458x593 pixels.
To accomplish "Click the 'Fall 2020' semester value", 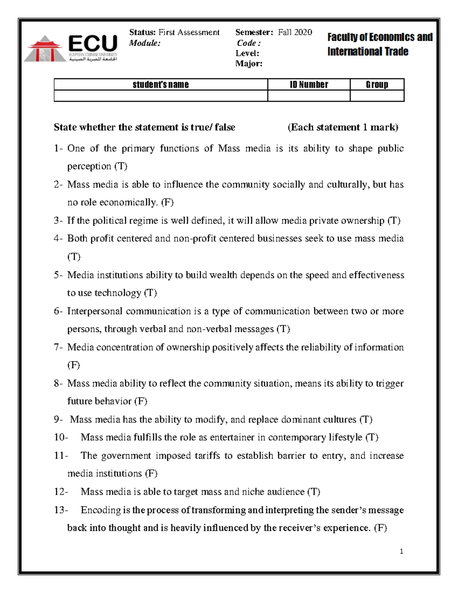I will (295, 32).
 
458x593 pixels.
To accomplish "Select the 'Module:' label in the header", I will (145, 43).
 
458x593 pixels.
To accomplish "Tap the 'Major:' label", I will (249, 64).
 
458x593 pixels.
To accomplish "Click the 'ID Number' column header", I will (309, 85).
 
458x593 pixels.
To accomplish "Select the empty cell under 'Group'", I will (377, 96).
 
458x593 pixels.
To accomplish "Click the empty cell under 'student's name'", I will (161, 96).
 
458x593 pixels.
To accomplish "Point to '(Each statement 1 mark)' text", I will (343, 127).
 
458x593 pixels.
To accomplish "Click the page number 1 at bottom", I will (401, 551).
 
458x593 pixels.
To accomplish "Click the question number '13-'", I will (61, 510).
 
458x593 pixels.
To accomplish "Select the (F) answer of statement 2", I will (167, 202).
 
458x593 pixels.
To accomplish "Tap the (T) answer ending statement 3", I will (393, 221).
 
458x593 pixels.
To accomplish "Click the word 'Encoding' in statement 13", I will (101, 510).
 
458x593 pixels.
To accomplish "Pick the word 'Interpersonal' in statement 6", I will (95, 311).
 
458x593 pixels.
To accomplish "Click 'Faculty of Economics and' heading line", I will (380, 37).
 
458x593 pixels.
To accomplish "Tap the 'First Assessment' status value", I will (189, 32).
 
